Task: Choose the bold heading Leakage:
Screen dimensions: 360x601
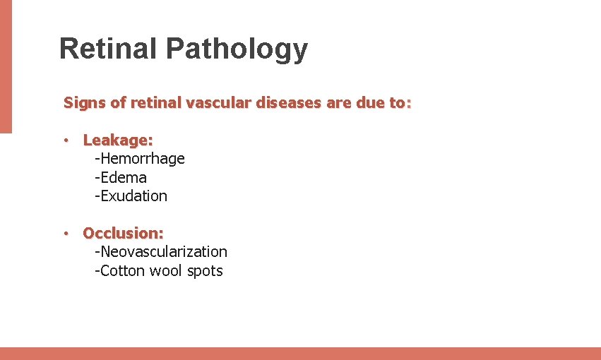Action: (118, 140)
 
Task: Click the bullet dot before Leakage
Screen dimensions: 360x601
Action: (65, 140)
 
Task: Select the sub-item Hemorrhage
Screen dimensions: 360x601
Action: (140, 159)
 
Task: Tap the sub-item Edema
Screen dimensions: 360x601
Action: (121, 177)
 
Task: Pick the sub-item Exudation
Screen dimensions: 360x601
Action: (131, 196)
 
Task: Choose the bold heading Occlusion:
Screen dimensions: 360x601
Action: (123, 233)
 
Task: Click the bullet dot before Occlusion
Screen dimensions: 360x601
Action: (65, 233)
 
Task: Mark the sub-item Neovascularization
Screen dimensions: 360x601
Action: (161, 251)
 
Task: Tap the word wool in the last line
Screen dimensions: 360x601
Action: (167, 270)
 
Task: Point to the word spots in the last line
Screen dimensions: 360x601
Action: (205, 271)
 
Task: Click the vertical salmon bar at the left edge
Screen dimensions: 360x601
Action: (6, 66)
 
